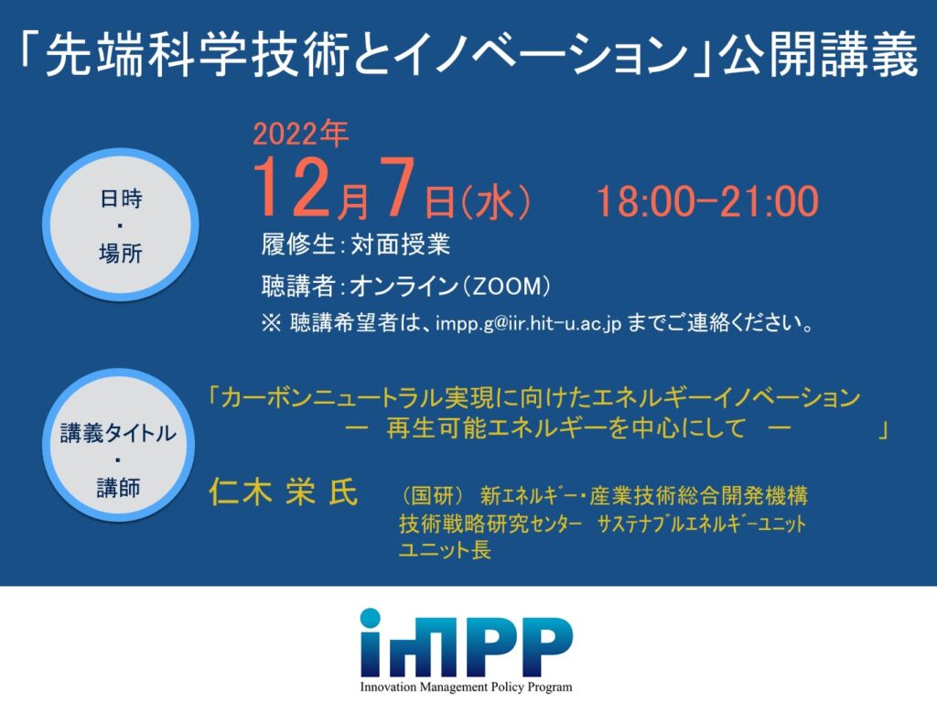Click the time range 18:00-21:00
pyautogui.click(x=706, y=200)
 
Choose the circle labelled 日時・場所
pyautogui.click(x=121, y=225)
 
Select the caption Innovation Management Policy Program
pyautogui.click(x=466, y=687)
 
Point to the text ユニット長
pyautogui.click(x=445, y=550)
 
